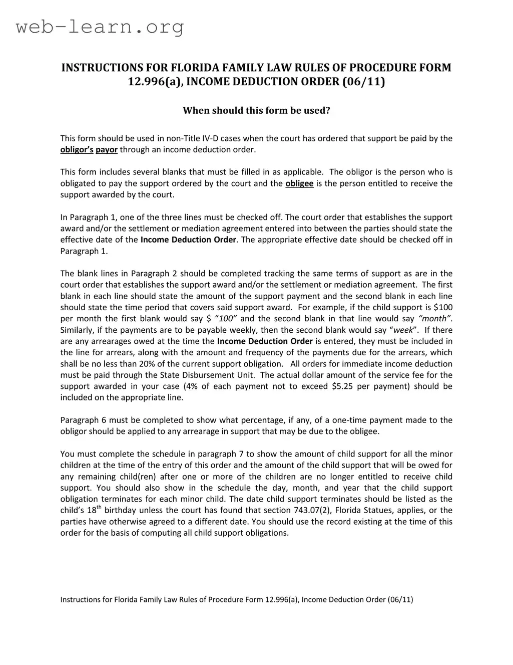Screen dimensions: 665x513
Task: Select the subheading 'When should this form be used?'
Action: tap(256, 110)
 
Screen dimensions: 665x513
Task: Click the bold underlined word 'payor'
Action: tap(107, 149)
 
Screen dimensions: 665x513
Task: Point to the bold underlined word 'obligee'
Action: tap(299, 183)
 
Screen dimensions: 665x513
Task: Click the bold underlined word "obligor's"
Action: tap(77, 149)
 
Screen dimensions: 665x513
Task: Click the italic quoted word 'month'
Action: tap(435, 319)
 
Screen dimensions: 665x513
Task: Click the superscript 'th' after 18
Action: tap(99, 508)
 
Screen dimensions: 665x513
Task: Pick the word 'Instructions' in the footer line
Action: tap(79, 599)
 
